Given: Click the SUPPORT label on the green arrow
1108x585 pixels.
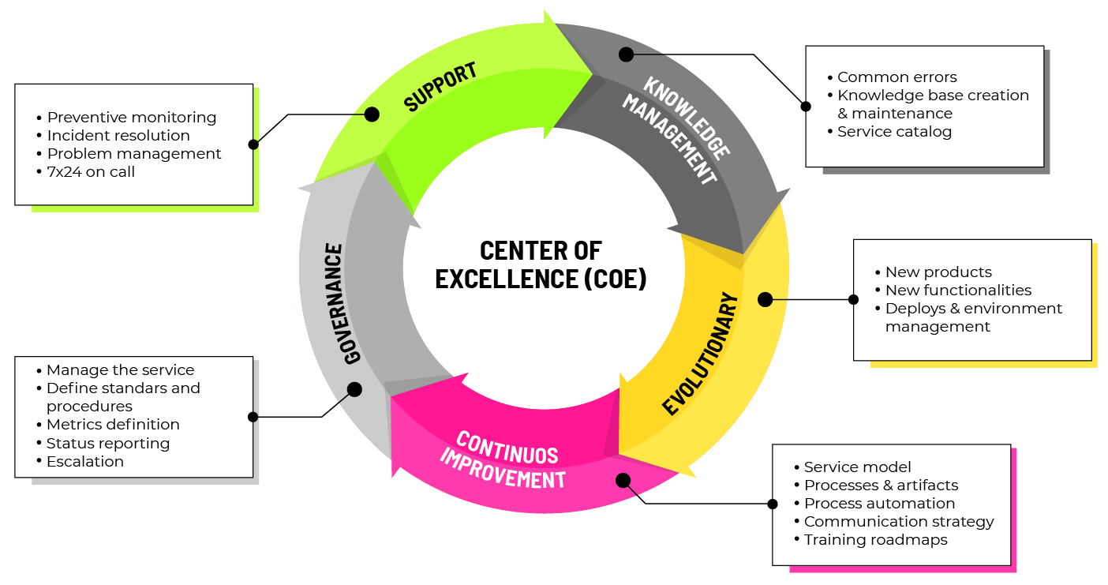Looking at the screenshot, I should click(440, 86).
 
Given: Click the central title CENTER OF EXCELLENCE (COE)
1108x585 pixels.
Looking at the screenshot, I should click(541, 264).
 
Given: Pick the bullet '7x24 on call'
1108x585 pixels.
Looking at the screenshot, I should click(91, 172).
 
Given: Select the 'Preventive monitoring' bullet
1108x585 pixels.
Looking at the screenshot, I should click(131, 118).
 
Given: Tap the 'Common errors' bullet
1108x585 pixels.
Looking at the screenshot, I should click(897, 77).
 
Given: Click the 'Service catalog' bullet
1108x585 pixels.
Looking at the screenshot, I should click(894, 132).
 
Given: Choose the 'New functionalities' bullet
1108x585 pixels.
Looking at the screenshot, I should click(958, 291).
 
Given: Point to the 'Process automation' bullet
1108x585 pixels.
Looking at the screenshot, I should click(879, 504).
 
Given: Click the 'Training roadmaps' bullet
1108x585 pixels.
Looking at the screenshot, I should click(875, 540).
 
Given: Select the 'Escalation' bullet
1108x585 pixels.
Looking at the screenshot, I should click(84, 462).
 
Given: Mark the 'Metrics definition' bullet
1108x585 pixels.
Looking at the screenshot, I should click(113, 425).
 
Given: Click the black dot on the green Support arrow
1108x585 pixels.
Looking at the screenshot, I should click(372, 114).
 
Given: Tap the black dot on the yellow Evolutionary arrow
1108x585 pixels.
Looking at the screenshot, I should click(765, 299).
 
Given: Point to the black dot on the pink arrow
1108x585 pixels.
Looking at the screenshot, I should click(623, 480).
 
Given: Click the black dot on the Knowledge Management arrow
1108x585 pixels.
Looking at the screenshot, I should click(626, 54).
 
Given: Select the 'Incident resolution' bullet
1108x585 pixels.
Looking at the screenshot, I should click(118, 136).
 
